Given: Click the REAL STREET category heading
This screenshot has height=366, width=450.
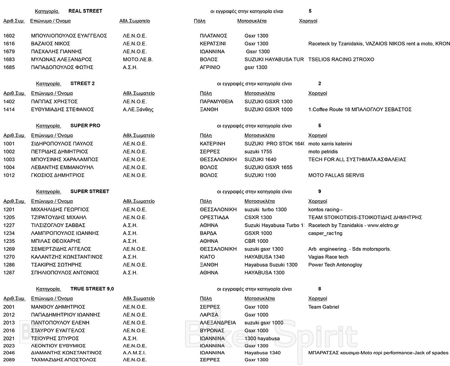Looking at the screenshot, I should coord(85,11).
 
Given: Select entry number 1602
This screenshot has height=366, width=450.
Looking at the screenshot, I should coord(9,35).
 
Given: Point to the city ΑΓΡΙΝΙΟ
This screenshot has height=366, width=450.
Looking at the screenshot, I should coord(211,67).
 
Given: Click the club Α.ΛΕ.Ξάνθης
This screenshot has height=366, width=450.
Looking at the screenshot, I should coord(141,110).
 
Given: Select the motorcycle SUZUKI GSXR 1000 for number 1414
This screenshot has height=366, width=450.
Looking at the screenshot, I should coord(268,110).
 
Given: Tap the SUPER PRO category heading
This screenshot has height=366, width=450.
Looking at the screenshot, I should coord(85,126).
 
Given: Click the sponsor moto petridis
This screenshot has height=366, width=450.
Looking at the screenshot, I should coord(324,152).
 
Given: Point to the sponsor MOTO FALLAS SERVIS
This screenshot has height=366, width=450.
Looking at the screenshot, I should coord(336,175).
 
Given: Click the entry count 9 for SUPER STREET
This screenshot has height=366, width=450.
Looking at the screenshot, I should coord(319,191).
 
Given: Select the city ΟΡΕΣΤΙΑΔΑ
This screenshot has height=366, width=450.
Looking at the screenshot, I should coord(214,217).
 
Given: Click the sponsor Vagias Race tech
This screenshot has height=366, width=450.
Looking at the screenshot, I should coord(328,257).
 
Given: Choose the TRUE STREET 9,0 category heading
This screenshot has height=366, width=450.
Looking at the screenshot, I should coord(92,289).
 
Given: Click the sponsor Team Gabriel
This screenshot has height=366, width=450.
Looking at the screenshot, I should coord(324,307).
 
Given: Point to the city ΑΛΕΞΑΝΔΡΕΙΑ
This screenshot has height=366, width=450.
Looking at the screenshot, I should coord(218,322).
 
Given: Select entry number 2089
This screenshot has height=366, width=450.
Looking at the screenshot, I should coord(9,360).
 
